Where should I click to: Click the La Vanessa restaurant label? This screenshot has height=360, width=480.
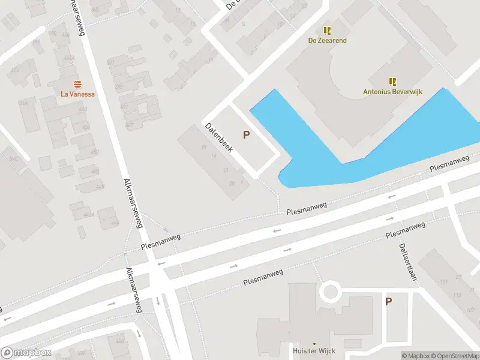click(78, 94)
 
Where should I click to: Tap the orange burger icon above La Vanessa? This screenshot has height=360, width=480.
click(78, 84)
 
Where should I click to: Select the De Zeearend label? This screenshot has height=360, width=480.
click(328, 40)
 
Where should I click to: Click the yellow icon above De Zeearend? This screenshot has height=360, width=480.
click(328, 30)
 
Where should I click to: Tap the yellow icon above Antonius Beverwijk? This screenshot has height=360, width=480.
click(392, 82)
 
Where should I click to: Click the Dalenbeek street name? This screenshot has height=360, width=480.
click(218, 138)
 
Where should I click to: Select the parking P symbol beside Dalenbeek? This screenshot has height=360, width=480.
click(246, 135)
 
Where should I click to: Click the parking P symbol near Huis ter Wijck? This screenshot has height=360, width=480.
click(389, 302)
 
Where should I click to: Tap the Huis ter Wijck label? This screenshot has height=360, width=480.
click(314, 351)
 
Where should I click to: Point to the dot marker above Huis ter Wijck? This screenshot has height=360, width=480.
click(314, 343)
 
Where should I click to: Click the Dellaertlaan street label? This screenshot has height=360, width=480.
click(408, 262)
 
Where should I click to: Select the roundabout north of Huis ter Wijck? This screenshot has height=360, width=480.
click(329, 292)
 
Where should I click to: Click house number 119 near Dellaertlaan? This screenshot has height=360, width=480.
click(445, 283)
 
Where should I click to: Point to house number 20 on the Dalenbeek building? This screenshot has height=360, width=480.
click(232, 183)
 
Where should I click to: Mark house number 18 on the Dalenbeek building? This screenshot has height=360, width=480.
click(204, 148)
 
